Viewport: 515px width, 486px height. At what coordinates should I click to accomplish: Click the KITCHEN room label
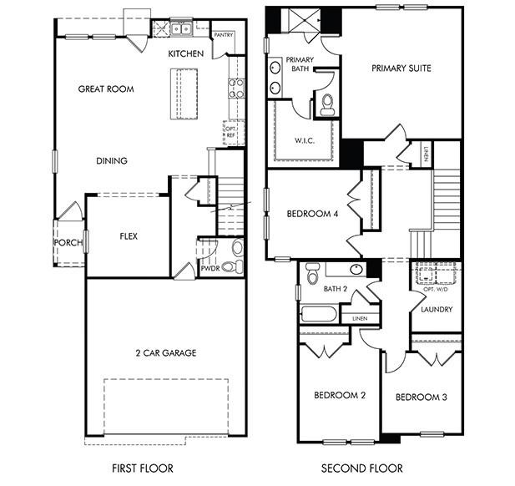pos(185,53)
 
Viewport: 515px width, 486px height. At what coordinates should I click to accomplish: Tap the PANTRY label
pos(223,36)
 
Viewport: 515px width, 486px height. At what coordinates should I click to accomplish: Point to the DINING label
pos(111,161)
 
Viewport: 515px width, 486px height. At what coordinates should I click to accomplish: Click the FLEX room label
pos(129,236)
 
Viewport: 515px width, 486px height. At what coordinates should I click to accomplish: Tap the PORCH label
pos(68,243)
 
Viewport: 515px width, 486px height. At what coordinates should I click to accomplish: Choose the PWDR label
pos(210,269)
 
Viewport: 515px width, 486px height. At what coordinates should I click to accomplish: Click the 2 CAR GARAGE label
pos(167,353)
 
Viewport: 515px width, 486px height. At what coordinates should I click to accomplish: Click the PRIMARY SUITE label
pos(401,68)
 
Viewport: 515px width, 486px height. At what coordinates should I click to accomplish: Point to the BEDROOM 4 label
pos(312,214)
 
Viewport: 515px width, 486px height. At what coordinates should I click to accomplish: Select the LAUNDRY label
pos(437,310)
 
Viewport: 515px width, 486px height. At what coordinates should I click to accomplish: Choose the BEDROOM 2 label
pos(340,395)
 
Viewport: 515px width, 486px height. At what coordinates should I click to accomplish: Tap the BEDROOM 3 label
pos(421,397)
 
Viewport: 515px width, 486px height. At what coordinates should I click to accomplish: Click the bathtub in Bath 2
pos(318,315)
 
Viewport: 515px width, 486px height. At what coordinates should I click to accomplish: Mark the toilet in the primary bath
pos(327,104)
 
